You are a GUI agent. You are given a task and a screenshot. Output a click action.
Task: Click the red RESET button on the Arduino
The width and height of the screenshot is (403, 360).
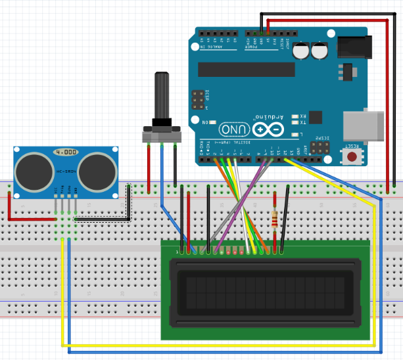(x=353, y=156)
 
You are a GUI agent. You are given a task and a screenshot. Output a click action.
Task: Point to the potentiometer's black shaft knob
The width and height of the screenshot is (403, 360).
(x=162, y=95)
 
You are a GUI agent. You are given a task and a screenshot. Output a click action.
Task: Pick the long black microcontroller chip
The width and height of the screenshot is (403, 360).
(x=246, y=70)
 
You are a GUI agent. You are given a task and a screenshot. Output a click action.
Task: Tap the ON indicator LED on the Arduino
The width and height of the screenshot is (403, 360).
(x=212, y=123)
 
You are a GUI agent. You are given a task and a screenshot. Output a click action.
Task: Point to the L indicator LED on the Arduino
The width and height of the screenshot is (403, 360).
(x=296, y=134)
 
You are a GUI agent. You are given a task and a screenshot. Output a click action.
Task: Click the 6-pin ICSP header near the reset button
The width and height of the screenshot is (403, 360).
(x=321, y=147)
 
